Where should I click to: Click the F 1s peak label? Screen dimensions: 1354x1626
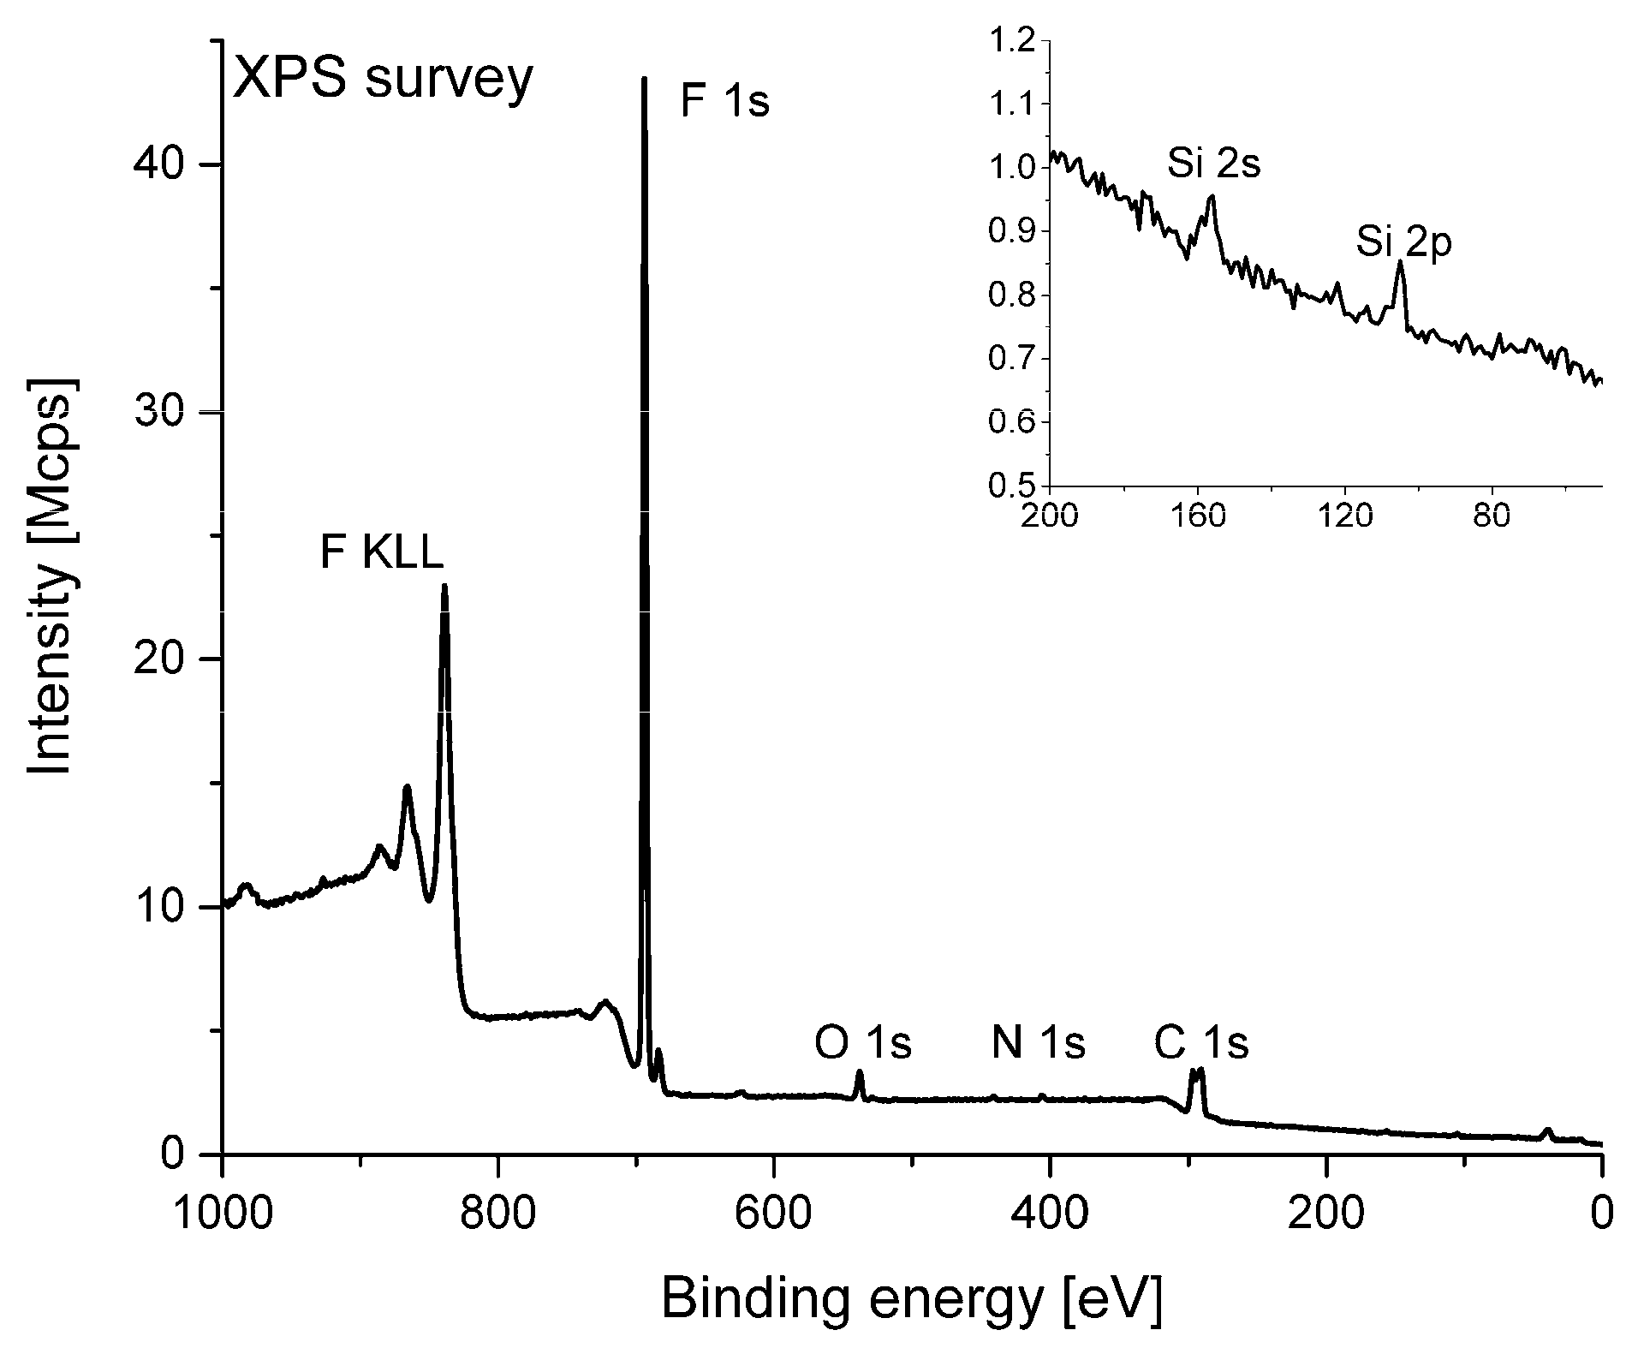click(724, 101)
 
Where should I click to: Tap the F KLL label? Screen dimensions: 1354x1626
click(382, 552)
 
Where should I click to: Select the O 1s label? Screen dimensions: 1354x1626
click(862, 1042)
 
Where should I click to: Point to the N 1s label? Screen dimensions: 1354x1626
click(1038, 1042)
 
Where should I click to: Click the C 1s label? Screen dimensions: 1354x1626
click(1200, 1042)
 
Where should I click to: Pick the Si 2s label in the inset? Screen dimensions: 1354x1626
click(1213, 164)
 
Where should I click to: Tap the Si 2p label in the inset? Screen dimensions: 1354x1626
click(1403, 245)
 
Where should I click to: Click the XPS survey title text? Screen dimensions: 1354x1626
click(383, 81)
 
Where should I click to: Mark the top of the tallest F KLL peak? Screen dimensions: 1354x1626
click(444, 588)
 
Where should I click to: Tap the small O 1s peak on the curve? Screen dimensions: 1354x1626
click(860, 1072)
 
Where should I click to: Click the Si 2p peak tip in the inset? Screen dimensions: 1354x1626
click(1400, 262)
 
